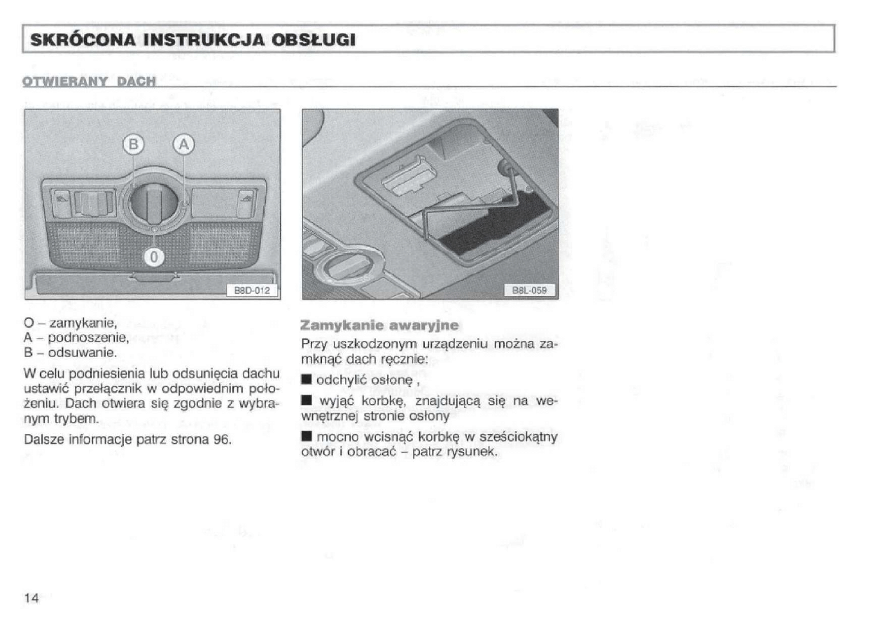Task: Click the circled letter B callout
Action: click(134, 144)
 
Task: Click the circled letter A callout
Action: click(184, 144)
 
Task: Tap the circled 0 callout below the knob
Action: click(154, 258)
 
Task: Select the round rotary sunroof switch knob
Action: click(153, 202)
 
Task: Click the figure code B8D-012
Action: click(252, 290)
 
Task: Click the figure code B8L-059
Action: click(529, 290)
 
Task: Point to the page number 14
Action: click(31, 598)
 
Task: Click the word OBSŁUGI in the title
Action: click(314, 40)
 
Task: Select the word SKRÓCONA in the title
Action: click(83, 40)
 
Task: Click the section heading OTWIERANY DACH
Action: click(89, 81)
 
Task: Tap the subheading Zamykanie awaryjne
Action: click(379, 325)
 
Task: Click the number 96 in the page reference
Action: click(222, 439)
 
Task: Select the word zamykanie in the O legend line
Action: click(83, 323)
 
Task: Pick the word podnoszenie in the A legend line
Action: click(88, 338)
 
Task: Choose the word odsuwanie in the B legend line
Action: click(83, 352)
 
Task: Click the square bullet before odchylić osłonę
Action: click(307, 379)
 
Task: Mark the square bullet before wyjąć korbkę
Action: click(307, 400)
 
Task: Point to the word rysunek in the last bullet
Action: click(472, 452)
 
